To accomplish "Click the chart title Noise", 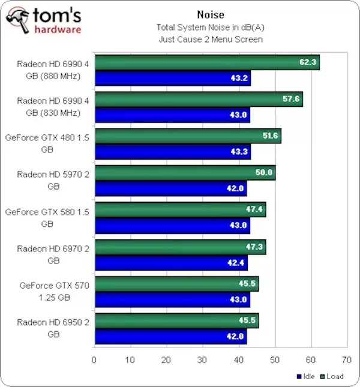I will coord(209,15).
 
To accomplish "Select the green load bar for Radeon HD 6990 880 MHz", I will coord(206,62).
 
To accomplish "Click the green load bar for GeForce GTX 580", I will coord(180,209).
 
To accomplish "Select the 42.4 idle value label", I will coord(236,262).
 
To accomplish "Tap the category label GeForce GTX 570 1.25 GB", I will coord(55,292).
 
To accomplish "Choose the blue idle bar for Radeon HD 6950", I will coord(170,336).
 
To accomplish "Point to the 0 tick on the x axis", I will coord(94,360).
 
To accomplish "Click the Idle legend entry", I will coord(306,377).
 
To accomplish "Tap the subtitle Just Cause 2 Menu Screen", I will coord(209,39).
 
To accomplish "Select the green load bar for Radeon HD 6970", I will coord(180,247).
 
